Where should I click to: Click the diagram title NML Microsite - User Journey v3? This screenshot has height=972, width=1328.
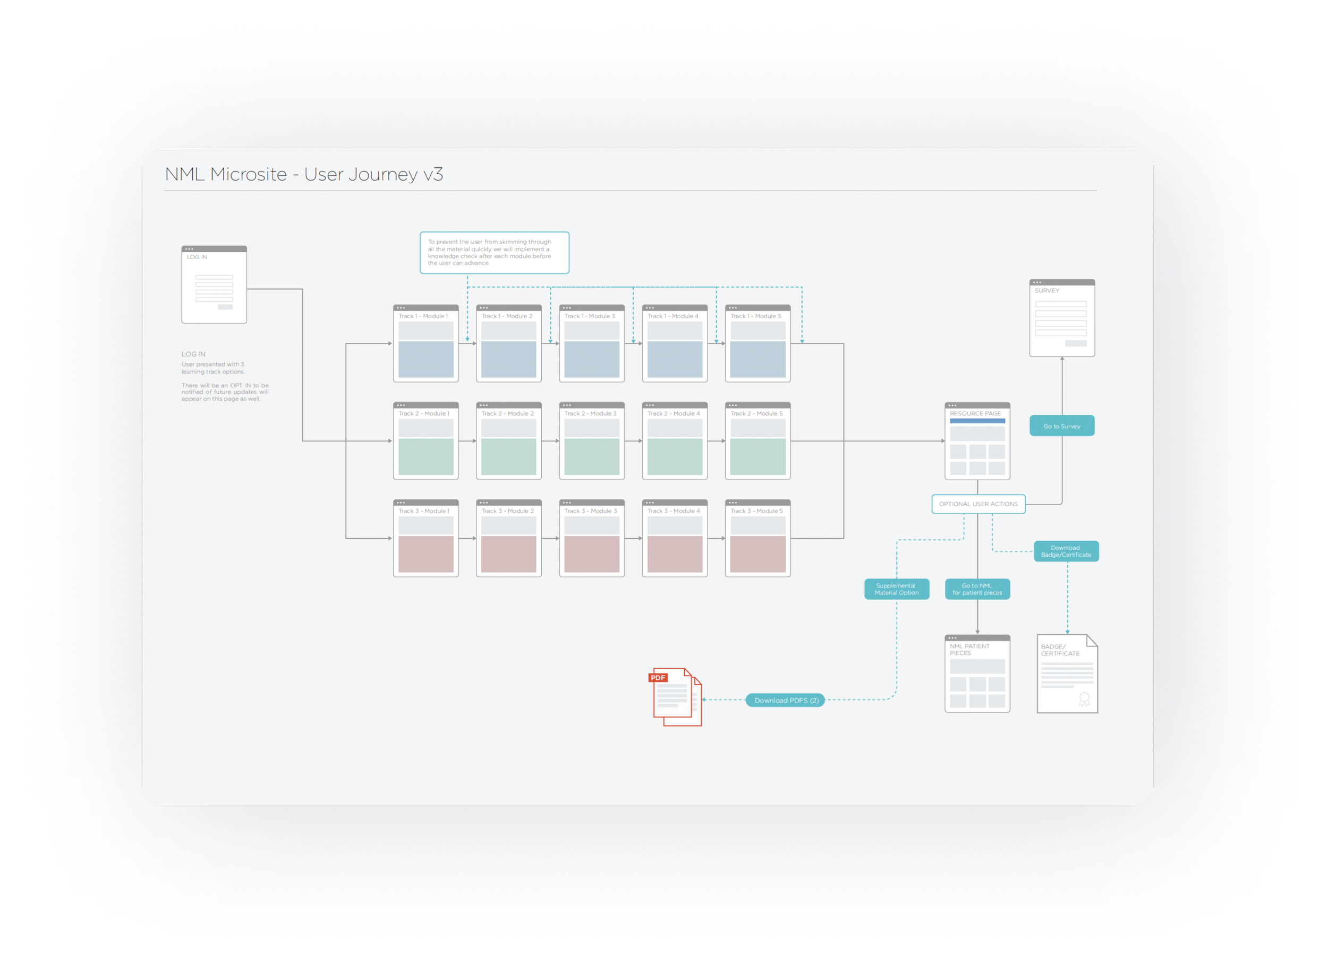tap(304, 174)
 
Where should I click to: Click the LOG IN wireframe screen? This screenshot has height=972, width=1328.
tap(214, 285)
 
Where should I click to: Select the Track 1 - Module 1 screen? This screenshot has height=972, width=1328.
tap(425, 344)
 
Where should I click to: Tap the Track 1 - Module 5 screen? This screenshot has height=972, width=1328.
tap(758, 344)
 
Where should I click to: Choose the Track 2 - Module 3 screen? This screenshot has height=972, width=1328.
tap(592, 441)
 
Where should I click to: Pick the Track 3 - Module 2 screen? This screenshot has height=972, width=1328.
tap(509, 539)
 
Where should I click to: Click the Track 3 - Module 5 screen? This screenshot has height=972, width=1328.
tap(758, 539)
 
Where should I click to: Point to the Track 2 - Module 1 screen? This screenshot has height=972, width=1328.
tap(425, 441)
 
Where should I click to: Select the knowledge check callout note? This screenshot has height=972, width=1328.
tap(494, 252)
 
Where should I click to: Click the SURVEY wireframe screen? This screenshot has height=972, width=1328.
tap(1062, 318)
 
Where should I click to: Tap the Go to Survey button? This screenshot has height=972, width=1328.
tap(1062, 426)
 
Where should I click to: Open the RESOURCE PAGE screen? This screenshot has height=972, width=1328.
tap(977, 441)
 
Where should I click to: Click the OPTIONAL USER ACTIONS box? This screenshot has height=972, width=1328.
tap(978, 504)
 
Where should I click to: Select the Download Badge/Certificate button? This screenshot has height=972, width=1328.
tap(1066, 551)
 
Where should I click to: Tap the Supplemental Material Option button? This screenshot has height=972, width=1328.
tap(897, 589)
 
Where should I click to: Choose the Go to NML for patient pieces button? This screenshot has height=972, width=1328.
tap(977, 589)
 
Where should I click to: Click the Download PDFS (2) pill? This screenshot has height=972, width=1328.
tap(785, 700)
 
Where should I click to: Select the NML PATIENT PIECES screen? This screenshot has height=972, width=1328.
tap(977, 673)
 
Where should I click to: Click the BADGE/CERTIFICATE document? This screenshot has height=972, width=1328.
tap(1067, 673)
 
